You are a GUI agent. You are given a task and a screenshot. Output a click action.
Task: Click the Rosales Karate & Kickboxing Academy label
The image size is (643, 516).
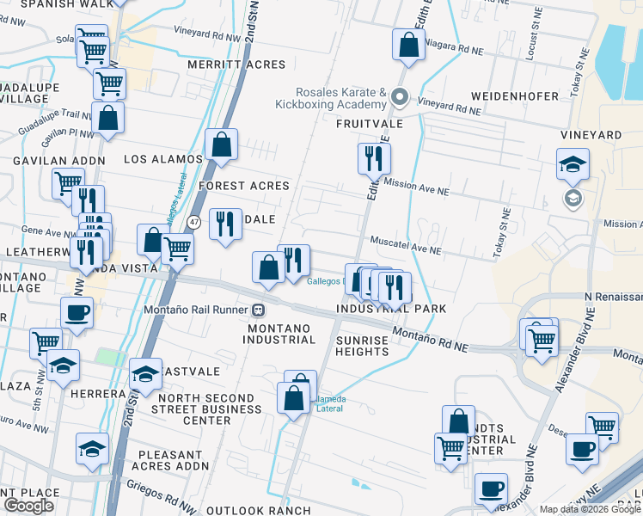[x=331, y=98]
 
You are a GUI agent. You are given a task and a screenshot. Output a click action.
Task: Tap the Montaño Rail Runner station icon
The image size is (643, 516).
[x=258, y=310]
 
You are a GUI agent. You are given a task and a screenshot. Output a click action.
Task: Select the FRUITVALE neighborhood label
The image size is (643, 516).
[x=370, y=124]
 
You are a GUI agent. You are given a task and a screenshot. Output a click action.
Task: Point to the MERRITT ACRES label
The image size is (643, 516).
[x=236, y=64]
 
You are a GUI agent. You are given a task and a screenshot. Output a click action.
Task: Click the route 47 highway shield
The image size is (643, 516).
[x=195, y=222]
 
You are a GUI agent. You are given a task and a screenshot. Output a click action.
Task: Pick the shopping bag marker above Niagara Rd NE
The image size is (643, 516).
[x=408, y=45]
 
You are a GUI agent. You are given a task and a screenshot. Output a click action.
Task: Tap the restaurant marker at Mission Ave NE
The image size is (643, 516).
[x=374, y=158]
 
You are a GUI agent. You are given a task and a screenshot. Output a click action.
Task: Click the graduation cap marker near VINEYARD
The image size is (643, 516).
[x=572, y=164]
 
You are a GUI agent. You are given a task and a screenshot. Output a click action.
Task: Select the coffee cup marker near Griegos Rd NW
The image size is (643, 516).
[x=491, y=488]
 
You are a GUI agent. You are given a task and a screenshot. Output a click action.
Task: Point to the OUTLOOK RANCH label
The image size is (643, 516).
[x=278, y=510]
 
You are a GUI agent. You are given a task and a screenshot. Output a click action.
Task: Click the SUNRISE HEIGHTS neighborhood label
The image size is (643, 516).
[x=362, y=346]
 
